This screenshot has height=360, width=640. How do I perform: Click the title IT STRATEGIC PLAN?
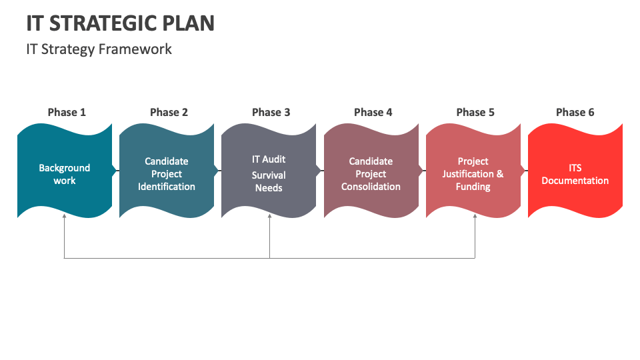121,23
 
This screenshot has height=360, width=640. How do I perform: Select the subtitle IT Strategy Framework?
99,49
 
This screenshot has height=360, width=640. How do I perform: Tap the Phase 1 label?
67,112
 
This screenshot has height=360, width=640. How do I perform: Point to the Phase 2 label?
169,112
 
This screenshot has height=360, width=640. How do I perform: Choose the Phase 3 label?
271,112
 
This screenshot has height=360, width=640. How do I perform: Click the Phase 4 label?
373,112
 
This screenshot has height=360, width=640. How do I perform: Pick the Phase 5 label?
475,112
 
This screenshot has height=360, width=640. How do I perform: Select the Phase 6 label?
575,112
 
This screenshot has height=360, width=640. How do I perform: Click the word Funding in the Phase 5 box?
473,187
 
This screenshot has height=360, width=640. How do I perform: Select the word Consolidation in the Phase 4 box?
371,187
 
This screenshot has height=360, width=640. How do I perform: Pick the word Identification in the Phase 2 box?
167,187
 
